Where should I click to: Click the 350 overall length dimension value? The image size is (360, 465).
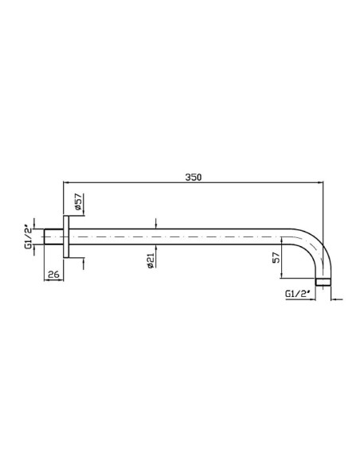tap(194, 177)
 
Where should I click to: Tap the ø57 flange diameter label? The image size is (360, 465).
tap(78, 201)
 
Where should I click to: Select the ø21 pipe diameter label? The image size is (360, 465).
tap(151, 260)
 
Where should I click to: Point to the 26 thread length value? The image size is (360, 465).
tap(53, 275)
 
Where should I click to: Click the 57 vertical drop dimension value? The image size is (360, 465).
tap(276, 257)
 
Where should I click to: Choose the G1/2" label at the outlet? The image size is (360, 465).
tap(297, 294)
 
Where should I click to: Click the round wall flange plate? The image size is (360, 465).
tap(66, 236)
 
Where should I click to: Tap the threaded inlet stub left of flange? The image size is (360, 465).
tap(53, 236)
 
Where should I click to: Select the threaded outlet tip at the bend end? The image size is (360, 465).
tap(323, 282)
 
